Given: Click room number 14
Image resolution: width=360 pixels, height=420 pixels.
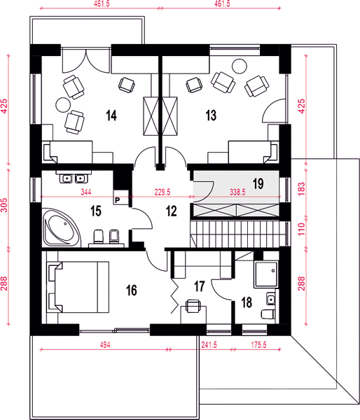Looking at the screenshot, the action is coord(111,115).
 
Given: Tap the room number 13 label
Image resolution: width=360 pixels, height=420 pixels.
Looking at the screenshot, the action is coord(211,115).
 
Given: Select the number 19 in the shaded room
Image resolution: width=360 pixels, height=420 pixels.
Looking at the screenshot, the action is coord(258,183).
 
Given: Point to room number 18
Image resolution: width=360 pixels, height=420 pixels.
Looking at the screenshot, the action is coord(247,302).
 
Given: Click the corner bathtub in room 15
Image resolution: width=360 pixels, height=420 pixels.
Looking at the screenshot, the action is coord(62,227).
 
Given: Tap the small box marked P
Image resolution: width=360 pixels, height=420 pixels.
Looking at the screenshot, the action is coord(118,200).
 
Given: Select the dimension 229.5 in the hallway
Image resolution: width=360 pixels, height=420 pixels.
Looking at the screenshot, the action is coord(162,192).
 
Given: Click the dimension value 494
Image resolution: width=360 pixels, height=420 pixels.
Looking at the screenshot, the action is coord(105,344).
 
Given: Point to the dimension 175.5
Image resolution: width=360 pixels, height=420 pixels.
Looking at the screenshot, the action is coord(258,344).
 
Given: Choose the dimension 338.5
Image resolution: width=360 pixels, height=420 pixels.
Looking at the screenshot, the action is coord(237,192).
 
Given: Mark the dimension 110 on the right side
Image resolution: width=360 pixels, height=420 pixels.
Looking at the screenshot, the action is coord(302,229).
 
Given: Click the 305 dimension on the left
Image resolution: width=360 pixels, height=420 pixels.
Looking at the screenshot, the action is coord(5,205).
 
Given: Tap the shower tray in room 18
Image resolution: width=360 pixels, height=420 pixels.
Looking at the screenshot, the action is coord(265,274).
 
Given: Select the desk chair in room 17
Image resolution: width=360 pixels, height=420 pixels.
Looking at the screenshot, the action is coord(193,306).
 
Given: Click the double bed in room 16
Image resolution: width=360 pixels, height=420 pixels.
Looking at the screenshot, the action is coord(78,287).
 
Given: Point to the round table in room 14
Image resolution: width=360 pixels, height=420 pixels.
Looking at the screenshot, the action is coord(63,105).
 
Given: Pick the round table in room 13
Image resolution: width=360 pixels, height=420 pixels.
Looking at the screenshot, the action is coord(239,66).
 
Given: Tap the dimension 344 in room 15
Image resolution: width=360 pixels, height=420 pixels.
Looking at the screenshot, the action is coord(86,192).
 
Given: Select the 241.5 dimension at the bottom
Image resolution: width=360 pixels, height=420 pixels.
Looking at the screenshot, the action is coord(209,344).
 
